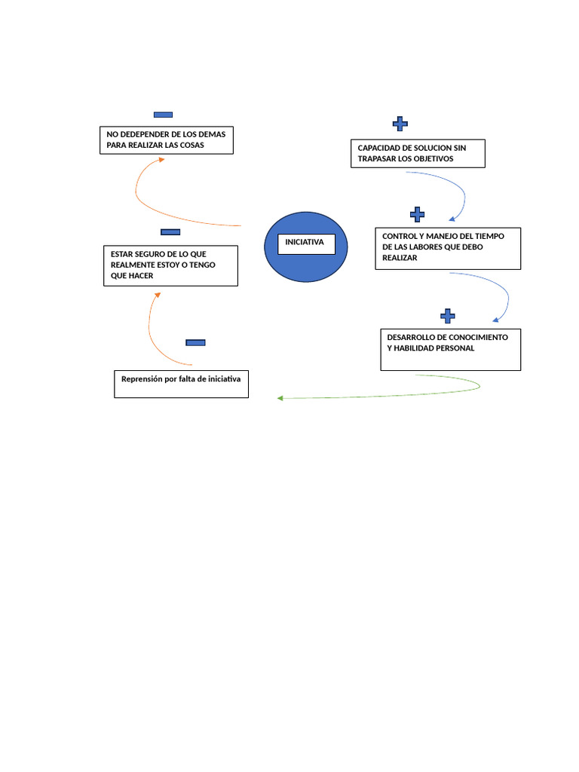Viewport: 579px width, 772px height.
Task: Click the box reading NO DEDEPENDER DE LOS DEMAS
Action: click(167, 140)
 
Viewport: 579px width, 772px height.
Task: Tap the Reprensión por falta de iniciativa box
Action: click(181, 384)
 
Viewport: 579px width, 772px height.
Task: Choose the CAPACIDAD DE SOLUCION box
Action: click(418, 153)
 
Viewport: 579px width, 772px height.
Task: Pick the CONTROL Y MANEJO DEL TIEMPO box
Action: click(448, 248)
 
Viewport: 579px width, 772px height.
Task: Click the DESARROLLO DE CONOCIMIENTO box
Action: click(450, 349)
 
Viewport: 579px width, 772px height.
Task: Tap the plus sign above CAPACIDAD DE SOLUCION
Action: click(400, 123)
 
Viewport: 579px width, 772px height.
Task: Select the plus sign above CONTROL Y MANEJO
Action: click(417, 215)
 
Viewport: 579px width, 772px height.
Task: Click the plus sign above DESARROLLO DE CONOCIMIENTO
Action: click(447, 315)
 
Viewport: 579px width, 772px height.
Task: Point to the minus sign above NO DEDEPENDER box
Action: click(163, 115)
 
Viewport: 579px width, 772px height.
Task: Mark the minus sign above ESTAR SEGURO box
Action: click(170, 232)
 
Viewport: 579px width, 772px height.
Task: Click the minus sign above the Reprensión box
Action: click(195, 343)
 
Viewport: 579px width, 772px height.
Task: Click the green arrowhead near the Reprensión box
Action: click(280, 398)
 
